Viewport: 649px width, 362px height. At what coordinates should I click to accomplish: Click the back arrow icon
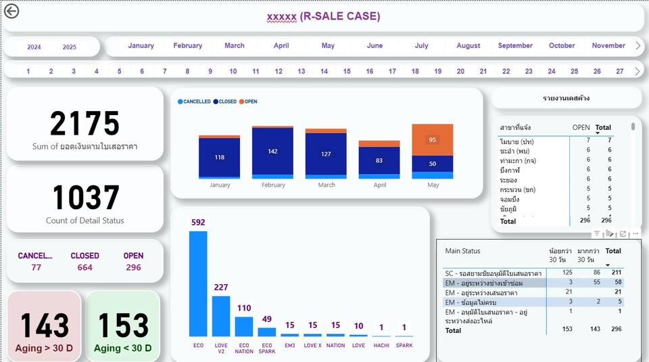pos(11,11)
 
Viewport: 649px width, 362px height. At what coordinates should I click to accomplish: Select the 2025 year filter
pos(70,47)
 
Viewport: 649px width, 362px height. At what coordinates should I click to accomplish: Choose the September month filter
pos(515,46)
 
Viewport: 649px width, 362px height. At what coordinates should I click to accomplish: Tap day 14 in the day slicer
pos(324,71)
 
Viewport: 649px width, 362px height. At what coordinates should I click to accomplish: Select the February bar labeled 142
pos(272,152)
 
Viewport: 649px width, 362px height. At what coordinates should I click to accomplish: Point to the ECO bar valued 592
pos(198,284)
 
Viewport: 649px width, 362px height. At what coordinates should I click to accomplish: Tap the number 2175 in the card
pos(85,124)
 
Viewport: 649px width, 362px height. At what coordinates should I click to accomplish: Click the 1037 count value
pos(85,198)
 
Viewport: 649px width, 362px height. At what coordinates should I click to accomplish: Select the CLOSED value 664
pos(85,267)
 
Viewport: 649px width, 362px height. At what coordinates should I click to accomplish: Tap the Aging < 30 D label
pos(123,348)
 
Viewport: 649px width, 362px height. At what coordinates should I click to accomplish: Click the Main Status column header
pos(463,251)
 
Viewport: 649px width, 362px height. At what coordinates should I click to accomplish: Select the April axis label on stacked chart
pos(379,185)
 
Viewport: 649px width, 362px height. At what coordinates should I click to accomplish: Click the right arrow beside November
pos(638,46)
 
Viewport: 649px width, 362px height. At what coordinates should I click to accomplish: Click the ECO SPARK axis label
pos(267,348)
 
